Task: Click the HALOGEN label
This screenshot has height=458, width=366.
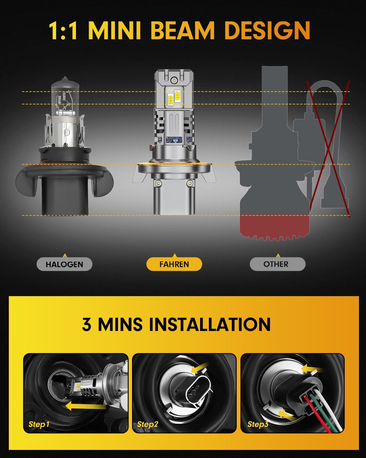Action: click(x=64, y=264)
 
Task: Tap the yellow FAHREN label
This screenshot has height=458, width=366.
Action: click(x=174, y=264)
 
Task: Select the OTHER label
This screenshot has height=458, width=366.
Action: click(x=276, y=264)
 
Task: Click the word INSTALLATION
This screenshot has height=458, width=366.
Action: click(x=210, y=324)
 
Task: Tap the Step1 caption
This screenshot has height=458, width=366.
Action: click(x=39, y=424)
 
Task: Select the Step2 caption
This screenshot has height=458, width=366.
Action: click(x=148, y=424)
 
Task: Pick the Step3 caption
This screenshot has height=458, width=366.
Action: click(x=258, y=424)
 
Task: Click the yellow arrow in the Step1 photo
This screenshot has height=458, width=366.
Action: click(x=85, y=406)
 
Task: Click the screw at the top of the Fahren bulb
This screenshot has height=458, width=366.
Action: click(x=174, y=80)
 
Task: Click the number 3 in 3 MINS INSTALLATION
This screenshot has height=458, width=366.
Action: click(x=87, y=324)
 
